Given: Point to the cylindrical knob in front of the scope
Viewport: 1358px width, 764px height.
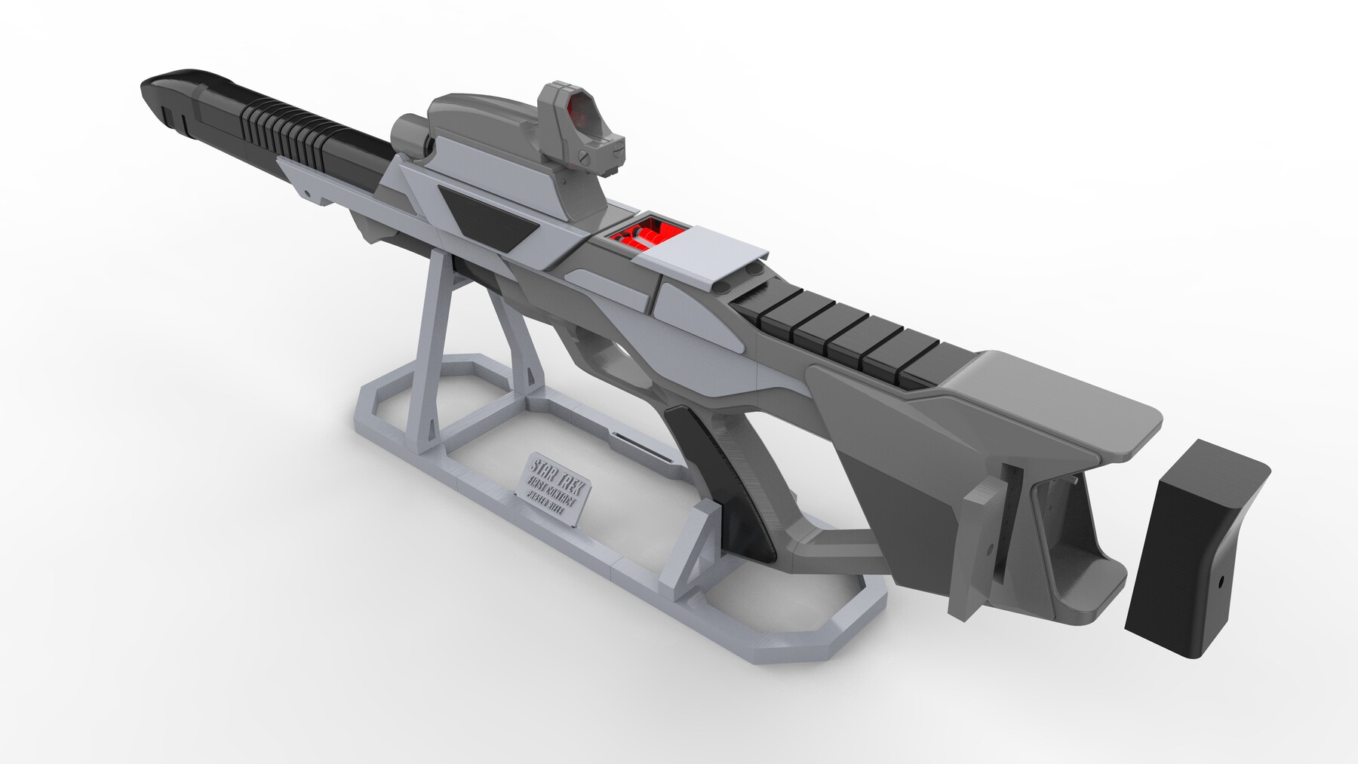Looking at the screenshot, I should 408,136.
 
